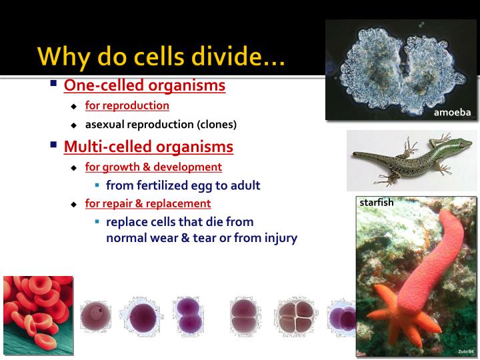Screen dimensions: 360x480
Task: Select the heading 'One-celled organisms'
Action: (x=144, y=86)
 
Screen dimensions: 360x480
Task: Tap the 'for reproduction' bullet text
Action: (x=127, y=106)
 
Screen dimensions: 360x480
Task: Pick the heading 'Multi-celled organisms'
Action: (x=148, y=147)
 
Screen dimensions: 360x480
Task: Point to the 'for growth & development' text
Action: (x=153, y=167)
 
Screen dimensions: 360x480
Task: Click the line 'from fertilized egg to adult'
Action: (x=183, y=185)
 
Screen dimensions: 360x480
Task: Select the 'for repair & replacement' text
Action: (x=147, y=203)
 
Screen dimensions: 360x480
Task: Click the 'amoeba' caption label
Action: (x=452, y=112)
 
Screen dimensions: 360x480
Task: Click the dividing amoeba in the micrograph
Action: (x=400, y=67)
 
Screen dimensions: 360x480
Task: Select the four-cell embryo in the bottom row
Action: (x=296, y=316)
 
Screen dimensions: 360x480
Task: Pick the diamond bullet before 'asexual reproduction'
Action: (x=75, y=125)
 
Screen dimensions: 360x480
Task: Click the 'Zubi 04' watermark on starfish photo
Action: (x=465, y=350)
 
